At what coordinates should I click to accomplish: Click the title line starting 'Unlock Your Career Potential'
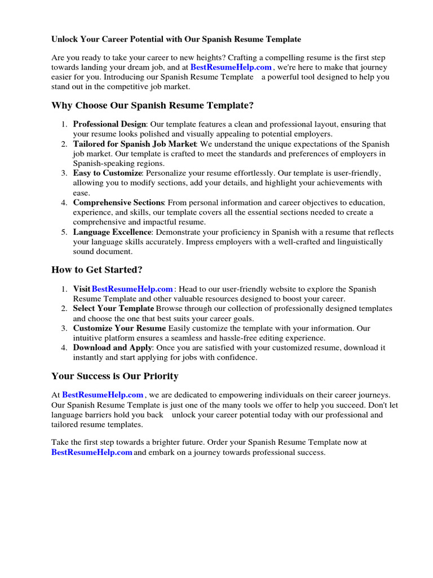coord(176,40)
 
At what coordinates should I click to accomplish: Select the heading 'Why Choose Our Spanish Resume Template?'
coord(152,106)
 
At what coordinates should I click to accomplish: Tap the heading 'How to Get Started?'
coord(96,270)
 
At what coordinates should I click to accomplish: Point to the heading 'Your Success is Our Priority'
coord(114,376)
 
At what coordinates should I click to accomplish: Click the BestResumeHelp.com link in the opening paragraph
coord(231,67)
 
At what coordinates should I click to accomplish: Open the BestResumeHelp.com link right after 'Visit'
coord(132,289)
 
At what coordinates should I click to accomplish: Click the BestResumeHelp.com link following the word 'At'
coord(103,395)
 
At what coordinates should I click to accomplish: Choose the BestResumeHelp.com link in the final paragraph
coord(92,452)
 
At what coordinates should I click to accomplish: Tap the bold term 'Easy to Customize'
coord(107,173)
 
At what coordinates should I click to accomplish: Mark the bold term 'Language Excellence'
coord(112,232)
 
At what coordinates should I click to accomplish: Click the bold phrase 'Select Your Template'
coord(113,309)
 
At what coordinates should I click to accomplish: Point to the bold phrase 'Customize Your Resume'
coord(119,328)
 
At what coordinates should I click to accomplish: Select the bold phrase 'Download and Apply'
coord(112,348)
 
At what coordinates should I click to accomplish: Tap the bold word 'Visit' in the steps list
coord(82,289)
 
